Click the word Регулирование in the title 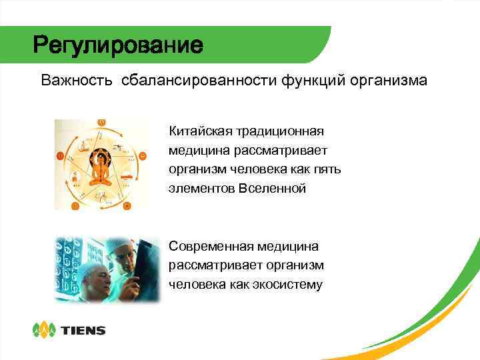[118, 46]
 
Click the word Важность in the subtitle [77, 81]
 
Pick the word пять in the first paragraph [327, 169]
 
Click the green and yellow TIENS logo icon [44, 330]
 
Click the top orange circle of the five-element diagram [101, 122]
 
